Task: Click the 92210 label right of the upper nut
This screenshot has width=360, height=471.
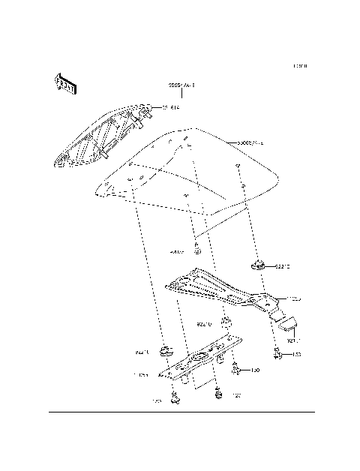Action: (x=283, y=265)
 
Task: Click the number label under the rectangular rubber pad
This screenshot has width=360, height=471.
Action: (x=292, y=340)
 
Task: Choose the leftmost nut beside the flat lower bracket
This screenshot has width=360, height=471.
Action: (x=164, y=349)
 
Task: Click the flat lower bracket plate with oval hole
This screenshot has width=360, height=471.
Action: (x=200, y=361)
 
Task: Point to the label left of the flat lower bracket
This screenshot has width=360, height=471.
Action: (x=141, y=374)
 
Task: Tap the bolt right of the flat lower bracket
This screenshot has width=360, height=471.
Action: (x=237, y=368)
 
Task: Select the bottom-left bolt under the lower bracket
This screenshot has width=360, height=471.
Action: (x=176, y=397)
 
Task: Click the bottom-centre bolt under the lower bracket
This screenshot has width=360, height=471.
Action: (x=219, y=391)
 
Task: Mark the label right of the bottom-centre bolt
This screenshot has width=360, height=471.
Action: (x=235, y=394)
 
